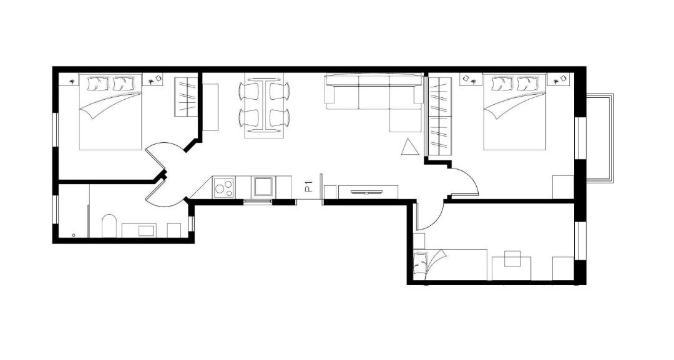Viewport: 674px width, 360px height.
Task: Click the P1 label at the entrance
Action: coord(308,187)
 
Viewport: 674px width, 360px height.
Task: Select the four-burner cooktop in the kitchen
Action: coord(223,187)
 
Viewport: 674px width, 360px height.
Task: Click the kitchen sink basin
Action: coord(263,187)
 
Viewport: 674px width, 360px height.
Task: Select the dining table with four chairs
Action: coord(264,105)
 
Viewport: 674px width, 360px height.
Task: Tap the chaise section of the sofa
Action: coord(406,120)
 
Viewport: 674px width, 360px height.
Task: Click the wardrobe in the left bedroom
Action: coord(186,96)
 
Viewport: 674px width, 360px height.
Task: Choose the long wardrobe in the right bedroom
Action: coord(440,117)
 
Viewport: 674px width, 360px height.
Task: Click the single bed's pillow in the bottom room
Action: coord(421,263)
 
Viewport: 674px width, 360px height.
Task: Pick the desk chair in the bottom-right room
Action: coord(512,259)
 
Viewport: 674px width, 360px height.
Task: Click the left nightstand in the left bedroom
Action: coord(69,80)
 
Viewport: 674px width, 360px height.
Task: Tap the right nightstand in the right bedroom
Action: coord(559,80)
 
